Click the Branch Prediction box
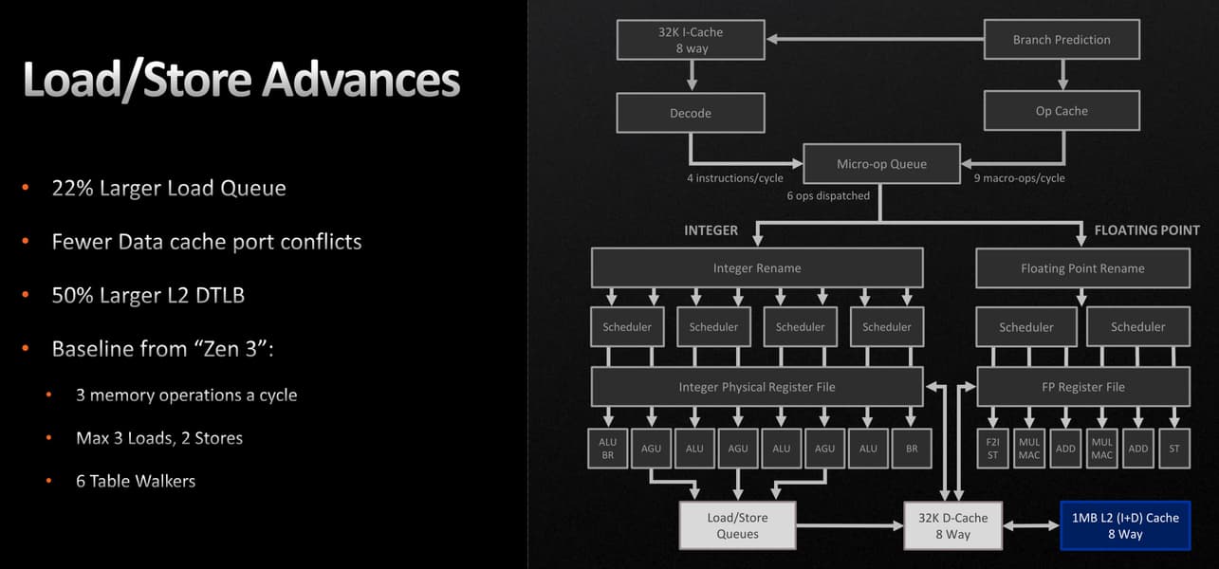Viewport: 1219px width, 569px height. [x=1062, y=39]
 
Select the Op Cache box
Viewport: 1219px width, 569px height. [x=1062, y=111]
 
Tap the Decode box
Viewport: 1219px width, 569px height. [x=691, y=113]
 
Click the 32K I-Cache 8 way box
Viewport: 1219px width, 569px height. [x=691, y=40]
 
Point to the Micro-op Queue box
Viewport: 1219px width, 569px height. [x=881, y=164]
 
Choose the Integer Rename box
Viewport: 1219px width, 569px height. [x=757, y=267]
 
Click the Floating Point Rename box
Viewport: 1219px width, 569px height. [x=1082, y=268]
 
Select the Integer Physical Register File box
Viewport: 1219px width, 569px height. [x=757, y=387]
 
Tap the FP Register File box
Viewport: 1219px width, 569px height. [x=1083, y=387]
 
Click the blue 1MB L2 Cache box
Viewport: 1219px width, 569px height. [x=1125, y=525]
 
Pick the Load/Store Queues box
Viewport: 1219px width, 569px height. [x=737, y=525]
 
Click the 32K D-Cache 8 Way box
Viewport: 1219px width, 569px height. [x=952, y=525]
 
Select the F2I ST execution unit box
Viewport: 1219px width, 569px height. [x=992, y=449]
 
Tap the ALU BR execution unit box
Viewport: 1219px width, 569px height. [x=607, y=449]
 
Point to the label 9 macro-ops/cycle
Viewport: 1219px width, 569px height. [x=1019, y=178]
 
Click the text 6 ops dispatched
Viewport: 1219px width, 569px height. [x=828, y=196]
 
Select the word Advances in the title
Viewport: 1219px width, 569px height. [x=361, y=80]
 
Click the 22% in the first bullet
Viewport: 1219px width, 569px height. [x=72, y=188]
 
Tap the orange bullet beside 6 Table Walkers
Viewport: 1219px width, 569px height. [x=49, y=481]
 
